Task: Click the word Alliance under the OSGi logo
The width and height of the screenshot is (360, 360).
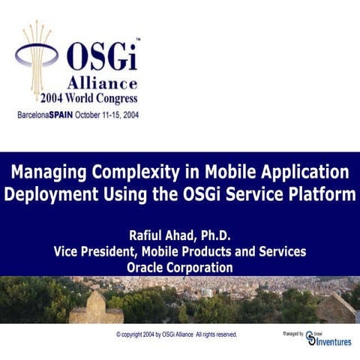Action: (102, 82)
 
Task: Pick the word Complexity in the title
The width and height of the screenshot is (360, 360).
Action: (142, 172)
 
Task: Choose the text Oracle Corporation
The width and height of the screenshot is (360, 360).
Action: (180, 268)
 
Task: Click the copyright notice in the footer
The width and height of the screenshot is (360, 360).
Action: (177, 334)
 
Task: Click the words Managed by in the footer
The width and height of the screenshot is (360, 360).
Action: (292, 332)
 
